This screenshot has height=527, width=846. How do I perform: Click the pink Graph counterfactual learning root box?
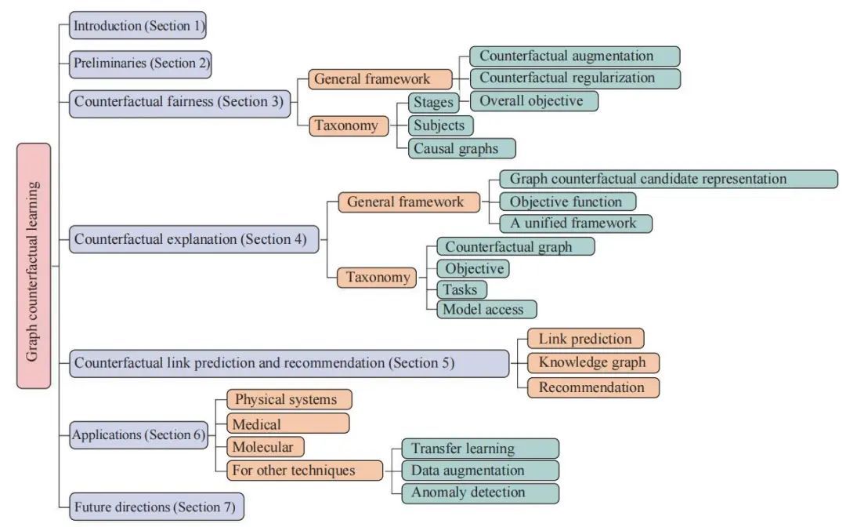pos(34,265)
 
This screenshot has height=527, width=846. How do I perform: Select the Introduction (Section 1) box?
pos(138,26)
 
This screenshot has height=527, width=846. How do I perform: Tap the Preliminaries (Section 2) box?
pos(141,64)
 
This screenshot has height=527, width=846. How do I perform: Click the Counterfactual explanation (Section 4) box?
pos(193,238)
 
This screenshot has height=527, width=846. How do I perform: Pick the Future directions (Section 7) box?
pos(156,506)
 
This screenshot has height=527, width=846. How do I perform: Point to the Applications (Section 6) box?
pos(138,434)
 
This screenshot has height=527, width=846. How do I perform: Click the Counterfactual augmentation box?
pos(574,56)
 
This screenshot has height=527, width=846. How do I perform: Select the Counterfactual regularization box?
pos(574,78)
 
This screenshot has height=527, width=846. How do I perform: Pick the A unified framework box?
pos(576,224)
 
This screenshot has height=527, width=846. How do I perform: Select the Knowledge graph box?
pos(593,362)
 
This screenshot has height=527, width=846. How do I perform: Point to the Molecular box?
pos(266,447)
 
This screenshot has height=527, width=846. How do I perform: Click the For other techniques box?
pos(305,471)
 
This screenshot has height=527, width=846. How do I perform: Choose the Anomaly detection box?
pos(480,493)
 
